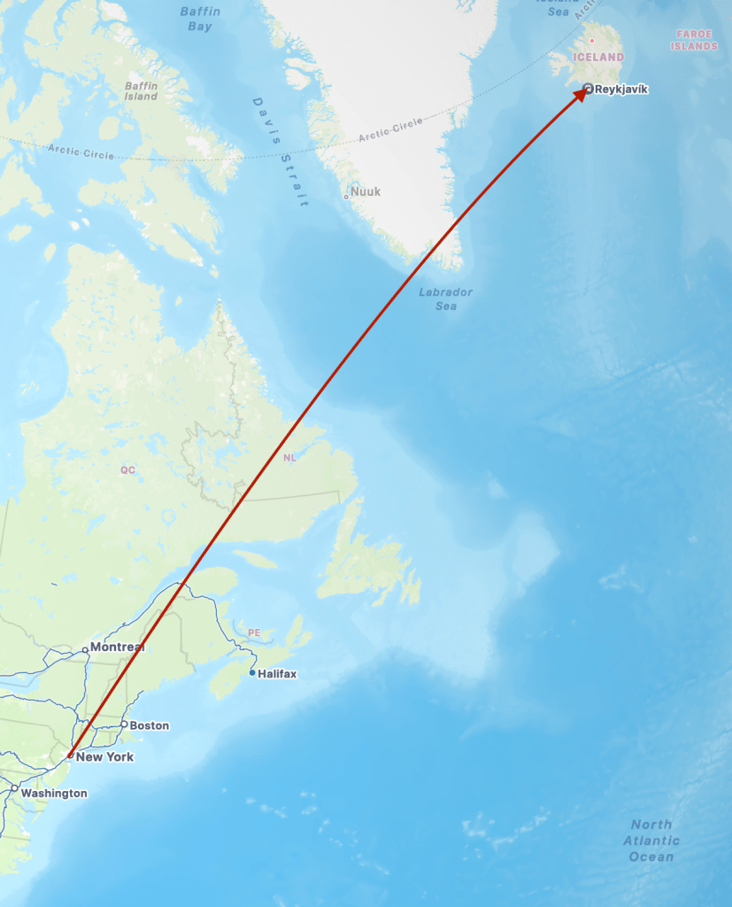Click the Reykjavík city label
pos(621,89)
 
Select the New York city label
pos(104,756)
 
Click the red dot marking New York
pos(70,756)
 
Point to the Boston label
pos(149,725)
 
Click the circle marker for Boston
pos(124,725)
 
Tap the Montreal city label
pos(116,647)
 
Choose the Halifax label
pos(277,674)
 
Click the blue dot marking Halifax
pos(252,673)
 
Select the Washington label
pos(54,793)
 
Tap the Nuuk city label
pos(365,191)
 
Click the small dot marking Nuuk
pos(346,196)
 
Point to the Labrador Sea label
pos(446,298)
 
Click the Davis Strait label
pos(281,152)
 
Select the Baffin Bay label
pos(200,19)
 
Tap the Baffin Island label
pos(141,91)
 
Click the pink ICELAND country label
pos(598,57)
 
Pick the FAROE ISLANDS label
pos(694,40)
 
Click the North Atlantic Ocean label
pos(651,841)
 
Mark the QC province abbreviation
pos(128,469)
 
